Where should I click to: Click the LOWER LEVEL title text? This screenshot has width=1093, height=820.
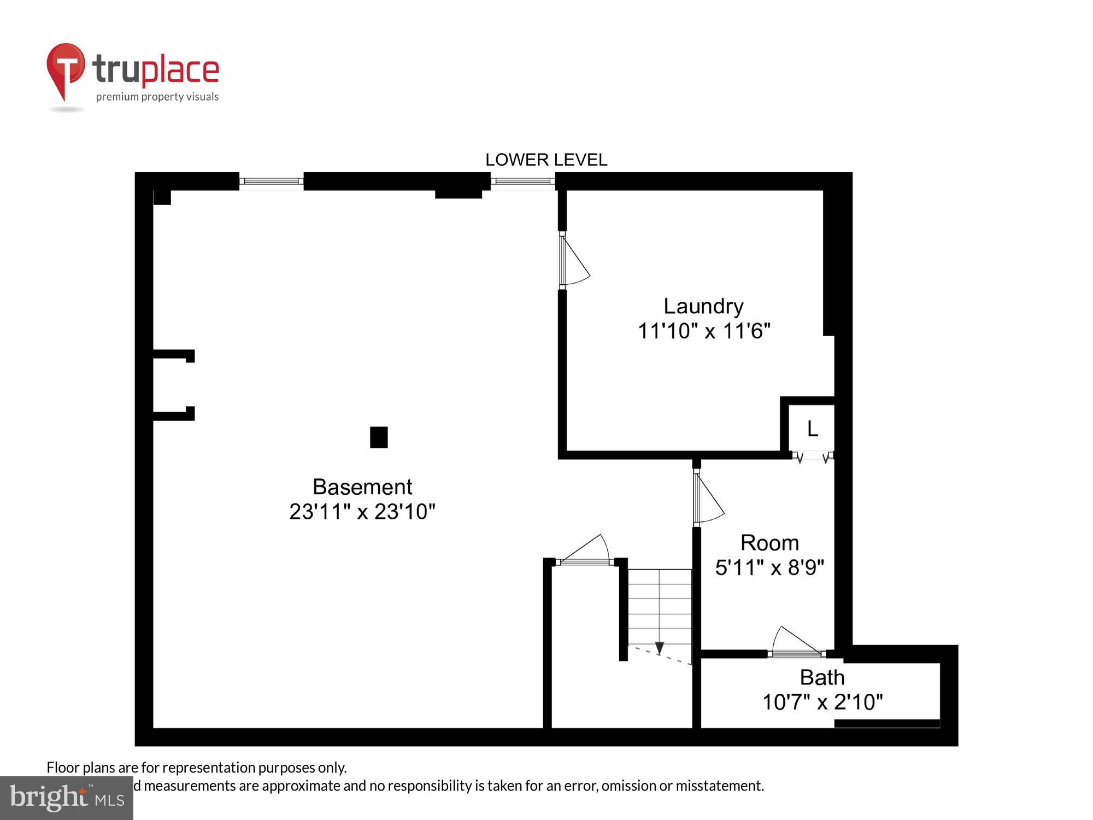pyautogui.click(x=546, y=160)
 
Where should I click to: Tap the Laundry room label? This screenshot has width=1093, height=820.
pyautogui.click(x=703, y=306)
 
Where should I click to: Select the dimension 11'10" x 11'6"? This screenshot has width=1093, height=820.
pyautogui.click(x=704, y=331)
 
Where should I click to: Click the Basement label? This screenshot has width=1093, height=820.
pyautogui.click(x=362, y=487)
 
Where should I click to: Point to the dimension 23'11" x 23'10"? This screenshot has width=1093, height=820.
pyautogui.click(x=362, y=512)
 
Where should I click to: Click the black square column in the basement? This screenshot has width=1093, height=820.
pyautogui.click(x=379, y=437)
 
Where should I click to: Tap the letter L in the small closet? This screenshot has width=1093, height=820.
pyautogui.click(x=813, y=429)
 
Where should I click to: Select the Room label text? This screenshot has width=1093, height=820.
pyautogui.click(x=769, y=543)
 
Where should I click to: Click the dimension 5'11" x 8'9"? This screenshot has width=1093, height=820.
pyautogui.click(x=769, y=567)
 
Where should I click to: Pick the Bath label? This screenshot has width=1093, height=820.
pyautogui.click(x=822, y=677)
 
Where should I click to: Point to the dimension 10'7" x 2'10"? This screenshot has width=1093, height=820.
pyautogui.click(x=822, y=702)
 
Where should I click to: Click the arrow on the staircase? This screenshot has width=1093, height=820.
pyautogui.click(x=660, y=648)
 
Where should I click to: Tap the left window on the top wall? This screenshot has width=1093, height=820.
pyautogui.click(x=271, y=181)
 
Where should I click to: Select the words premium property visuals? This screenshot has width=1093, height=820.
pyautogui.click(x=157, y=97)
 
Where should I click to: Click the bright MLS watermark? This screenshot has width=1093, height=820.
pyautogui.click(x=67, y=798)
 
